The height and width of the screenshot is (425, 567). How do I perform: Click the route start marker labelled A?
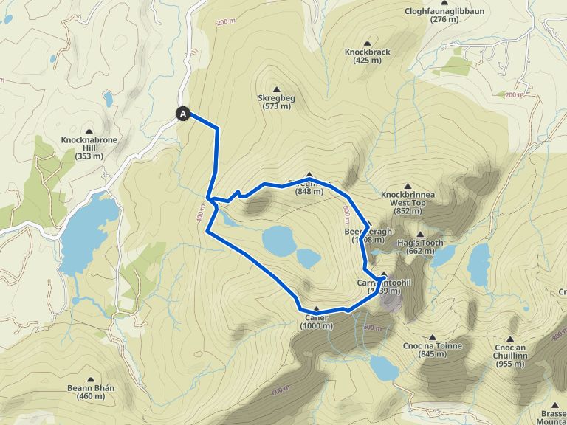tap(183, 114)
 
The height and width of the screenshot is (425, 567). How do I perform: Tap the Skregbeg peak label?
tap(277, 102)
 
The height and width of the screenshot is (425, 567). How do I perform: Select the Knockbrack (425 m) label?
tap(367, 56)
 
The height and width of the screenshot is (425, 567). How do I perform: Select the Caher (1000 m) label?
tap(317, 322)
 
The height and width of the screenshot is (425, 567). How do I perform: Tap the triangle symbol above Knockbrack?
tap(367, 44)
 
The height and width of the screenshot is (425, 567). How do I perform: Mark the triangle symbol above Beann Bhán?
tap(91, 379)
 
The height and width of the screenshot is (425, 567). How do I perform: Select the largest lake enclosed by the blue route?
tap(280, 240)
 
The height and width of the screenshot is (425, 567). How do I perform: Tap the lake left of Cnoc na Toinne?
tap(384, 366)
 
